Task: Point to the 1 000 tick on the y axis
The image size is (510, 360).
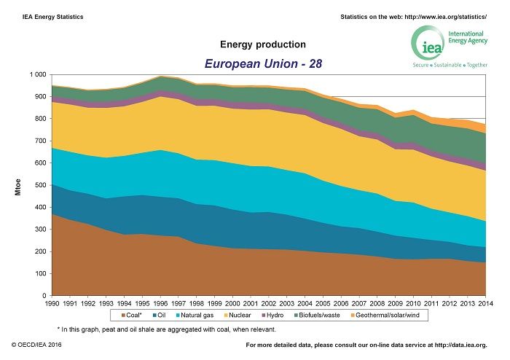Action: point(36,75)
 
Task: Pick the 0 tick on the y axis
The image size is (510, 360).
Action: point(44,296)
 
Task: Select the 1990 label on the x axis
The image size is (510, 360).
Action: point(51,303)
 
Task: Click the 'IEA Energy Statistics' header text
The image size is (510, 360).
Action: point(47,16)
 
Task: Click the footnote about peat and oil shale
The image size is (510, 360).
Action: point(167,329)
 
